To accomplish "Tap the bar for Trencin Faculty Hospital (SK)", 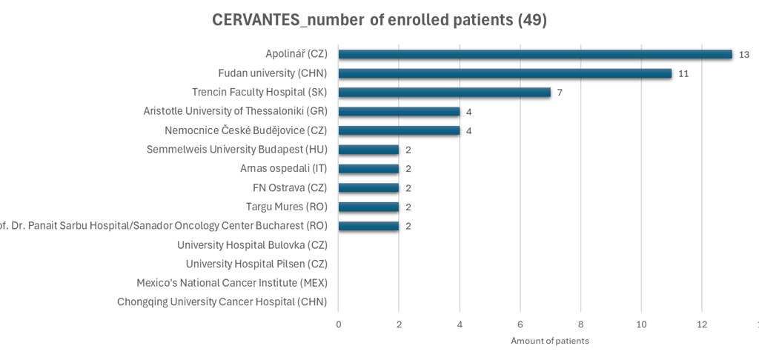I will coord(445,93).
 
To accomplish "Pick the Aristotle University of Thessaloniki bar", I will coord(400,112).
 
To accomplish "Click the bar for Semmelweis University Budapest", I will coord(369,150).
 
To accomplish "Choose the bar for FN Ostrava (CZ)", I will coord(369,188).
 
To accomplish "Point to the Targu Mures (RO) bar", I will coord(369,207).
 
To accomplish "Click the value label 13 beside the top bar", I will coord(743,55).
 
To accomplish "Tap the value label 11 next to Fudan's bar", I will coord(683,74).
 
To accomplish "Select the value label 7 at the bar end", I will coord(560,93).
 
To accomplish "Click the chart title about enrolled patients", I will coord(379,21).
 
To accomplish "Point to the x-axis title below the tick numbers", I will coord(549,341).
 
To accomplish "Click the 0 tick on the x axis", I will coord(339,324).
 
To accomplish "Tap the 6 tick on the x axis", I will coord(520,324).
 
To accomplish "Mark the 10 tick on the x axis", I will coord(641,324).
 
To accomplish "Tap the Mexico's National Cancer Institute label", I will coord(232,282).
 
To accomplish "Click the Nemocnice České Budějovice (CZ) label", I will coord(247,130).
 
